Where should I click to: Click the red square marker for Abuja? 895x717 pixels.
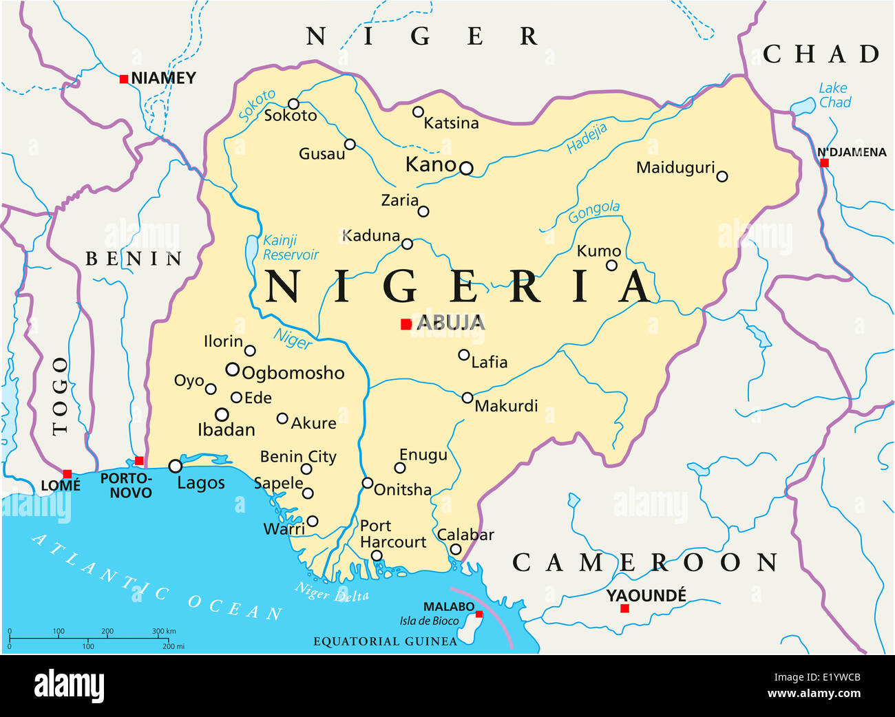[x=406, y=324]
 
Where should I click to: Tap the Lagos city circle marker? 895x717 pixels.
[x=176, y=467]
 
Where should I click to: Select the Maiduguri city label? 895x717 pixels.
[x=675, y=167]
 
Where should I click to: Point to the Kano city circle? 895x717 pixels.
[x=466, y=168]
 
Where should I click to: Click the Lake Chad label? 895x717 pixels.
[x=834, y=95]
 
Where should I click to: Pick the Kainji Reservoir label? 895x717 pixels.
[x=290, y=248]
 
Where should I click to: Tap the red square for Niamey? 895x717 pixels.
[x=124, y=79]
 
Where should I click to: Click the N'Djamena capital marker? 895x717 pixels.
[x=824, y=163]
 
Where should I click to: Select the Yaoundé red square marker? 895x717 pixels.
[x=624, y=608]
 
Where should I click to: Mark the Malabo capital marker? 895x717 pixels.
[x=479, y=614]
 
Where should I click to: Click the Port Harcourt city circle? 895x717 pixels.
[x=377, y=555]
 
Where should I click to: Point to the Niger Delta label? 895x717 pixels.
[x=332, y=592]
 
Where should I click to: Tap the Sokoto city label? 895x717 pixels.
[x=291, y=116]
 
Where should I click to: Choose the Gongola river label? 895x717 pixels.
[x=593, y=211]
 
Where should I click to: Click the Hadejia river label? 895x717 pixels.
[x=587, y=138]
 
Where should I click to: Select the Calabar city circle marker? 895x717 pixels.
[x=455, y=549]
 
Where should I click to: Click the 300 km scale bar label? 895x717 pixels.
[x=164, y=631]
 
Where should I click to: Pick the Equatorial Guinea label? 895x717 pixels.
[x=385, y=641]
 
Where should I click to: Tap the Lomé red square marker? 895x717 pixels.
[x=67, y=474]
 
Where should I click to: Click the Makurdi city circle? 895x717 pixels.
[x=467, y=398]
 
